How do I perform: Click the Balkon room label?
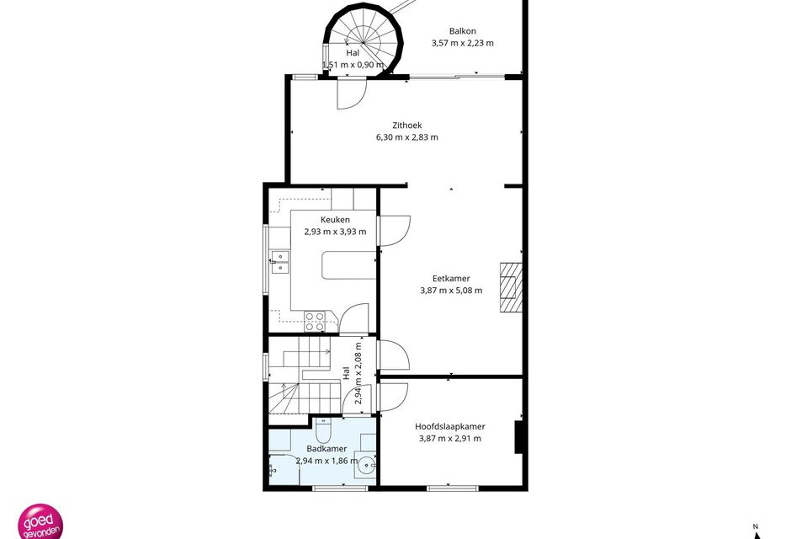[463, 31]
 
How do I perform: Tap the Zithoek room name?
[407, 125]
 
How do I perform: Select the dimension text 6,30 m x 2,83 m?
[407, 137]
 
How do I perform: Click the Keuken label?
[335, 220]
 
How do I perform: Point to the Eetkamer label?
[451, 278]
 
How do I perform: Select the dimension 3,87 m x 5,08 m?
[451, 291]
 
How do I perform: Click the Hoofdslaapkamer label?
[450, 426]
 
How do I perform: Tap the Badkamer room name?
[326, 449]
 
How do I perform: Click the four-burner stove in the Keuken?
[314, 322]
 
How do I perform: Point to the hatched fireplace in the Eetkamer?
[511, 288]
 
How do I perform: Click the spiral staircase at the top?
[364, 41]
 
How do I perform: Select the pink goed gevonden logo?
[40, 522]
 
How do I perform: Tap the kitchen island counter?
[349, 265]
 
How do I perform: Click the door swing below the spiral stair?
[352, 93]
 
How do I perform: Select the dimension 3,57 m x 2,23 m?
[463, 44]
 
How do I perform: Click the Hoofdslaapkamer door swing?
[394, 398]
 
